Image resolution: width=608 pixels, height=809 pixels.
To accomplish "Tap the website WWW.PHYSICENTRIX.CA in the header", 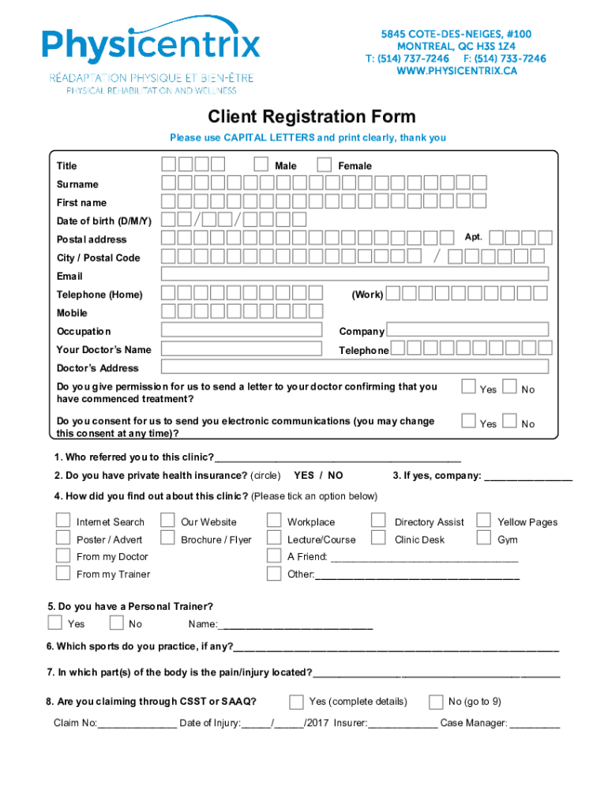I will [x=456, y=71].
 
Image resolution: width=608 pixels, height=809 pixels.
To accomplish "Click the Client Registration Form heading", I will [x=311, y=118].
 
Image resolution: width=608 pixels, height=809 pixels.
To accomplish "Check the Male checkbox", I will [x=261, y=164].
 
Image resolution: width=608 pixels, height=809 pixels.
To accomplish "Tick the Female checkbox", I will [x=324, y=164].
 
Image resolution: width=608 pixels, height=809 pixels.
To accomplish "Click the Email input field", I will [x=355, y=274].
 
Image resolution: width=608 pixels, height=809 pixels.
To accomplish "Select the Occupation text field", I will [x=242, y=330].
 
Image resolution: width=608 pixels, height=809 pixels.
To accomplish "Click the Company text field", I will [x=467, y=329].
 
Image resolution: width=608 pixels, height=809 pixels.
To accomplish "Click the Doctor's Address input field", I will [x=355, y=367].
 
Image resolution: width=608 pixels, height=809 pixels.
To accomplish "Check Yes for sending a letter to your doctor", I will [x=468, y=386].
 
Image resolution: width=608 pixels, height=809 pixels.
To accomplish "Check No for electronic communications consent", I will [x=509, y=421].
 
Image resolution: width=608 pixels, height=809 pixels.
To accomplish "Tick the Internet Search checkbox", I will [x=62, y=520].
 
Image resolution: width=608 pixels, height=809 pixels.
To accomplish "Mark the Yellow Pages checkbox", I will [x=483, y=520].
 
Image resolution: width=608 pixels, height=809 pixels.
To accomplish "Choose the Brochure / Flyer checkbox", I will [x=167, y=538].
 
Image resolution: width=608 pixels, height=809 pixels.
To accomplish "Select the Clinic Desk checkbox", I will [x=378, y=538].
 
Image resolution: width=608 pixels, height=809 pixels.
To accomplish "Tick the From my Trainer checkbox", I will [x=62, y=573].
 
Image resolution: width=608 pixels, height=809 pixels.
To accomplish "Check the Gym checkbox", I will [x=483, y=538].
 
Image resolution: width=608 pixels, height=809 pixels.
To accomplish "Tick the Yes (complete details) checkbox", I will [x=296, y=702].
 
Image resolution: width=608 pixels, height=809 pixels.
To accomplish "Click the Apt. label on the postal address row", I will [x=473, y=236].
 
